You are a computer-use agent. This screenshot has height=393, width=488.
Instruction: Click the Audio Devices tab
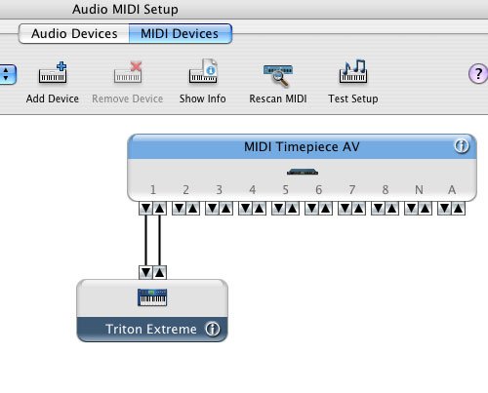point(74,33)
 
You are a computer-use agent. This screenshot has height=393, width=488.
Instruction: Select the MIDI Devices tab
point(181,33)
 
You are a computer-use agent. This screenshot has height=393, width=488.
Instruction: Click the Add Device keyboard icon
point(53,72)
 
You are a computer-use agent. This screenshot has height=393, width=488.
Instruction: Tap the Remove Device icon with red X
point(128,72)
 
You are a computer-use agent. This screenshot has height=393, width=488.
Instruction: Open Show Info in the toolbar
point(203,71)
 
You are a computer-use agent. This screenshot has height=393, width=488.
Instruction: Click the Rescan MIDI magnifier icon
point(278,75)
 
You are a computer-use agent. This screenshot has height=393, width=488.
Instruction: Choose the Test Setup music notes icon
point(353,71)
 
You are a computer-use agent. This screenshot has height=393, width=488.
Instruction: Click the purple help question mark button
point(478,73)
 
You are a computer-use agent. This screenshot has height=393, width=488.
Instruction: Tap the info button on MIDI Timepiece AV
point(462,146)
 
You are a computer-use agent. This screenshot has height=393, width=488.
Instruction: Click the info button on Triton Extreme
point(213,329)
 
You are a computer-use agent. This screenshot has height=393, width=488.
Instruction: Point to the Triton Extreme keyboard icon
point(152,297)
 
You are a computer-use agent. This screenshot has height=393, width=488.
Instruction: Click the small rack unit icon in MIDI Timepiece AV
point(303,172)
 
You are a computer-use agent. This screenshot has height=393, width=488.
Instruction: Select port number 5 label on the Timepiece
point(285,189)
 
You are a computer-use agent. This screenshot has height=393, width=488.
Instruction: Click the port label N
point(419,189)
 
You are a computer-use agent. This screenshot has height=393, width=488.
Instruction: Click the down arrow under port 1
point(146,208)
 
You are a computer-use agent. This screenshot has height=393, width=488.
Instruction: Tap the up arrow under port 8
point(391,208)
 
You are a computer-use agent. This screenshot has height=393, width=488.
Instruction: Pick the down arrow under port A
point(445,208)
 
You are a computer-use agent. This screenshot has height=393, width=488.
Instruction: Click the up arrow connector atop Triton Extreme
point(159,272)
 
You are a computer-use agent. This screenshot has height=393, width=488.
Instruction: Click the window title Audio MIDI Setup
point(125,9)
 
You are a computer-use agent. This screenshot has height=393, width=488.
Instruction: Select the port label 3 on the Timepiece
point(219,189)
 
